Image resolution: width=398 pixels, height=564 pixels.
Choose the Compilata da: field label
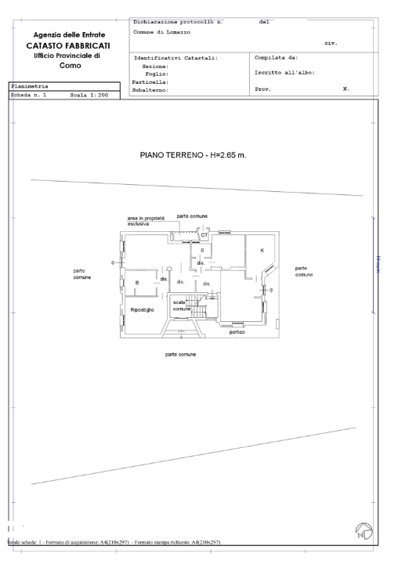(x=277, y=58)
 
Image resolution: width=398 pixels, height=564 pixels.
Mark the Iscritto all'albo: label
(x=284, y=72)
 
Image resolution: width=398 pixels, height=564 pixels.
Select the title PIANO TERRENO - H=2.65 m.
(x=193, y=154)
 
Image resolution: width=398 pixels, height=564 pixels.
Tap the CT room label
(x=204, y=235)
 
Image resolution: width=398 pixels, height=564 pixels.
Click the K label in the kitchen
(x=262, y=249)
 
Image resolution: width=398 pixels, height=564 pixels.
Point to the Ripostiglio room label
(x=143, y=310)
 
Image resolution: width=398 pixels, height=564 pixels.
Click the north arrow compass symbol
(x=363, y=535)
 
